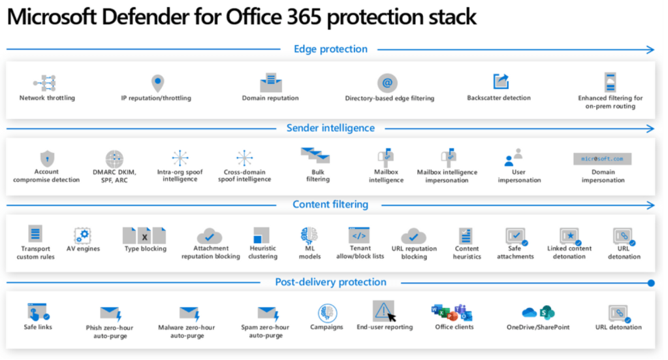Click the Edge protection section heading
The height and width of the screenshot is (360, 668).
point(330,49)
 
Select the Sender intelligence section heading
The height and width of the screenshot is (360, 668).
point(330,128)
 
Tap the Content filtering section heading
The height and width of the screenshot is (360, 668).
point(330,205)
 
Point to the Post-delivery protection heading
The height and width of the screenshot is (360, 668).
point(330,282)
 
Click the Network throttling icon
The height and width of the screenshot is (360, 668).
point(45,82)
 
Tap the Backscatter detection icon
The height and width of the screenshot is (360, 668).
point(500,82)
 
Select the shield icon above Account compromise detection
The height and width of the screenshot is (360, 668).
point(47,158)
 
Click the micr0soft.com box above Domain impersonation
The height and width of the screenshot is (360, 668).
point(603,159)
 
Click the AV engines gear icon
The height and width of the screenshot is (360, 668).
point(82,235)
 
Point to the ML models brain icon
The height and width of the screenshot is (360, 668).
point(309,235)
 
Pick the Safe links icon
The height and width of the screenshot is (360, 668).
point(37,312)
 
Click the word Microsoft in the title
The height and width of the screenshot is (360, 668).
point(58,18)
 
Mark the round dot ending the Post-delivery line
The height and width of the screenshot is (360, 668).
point(651,283)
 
